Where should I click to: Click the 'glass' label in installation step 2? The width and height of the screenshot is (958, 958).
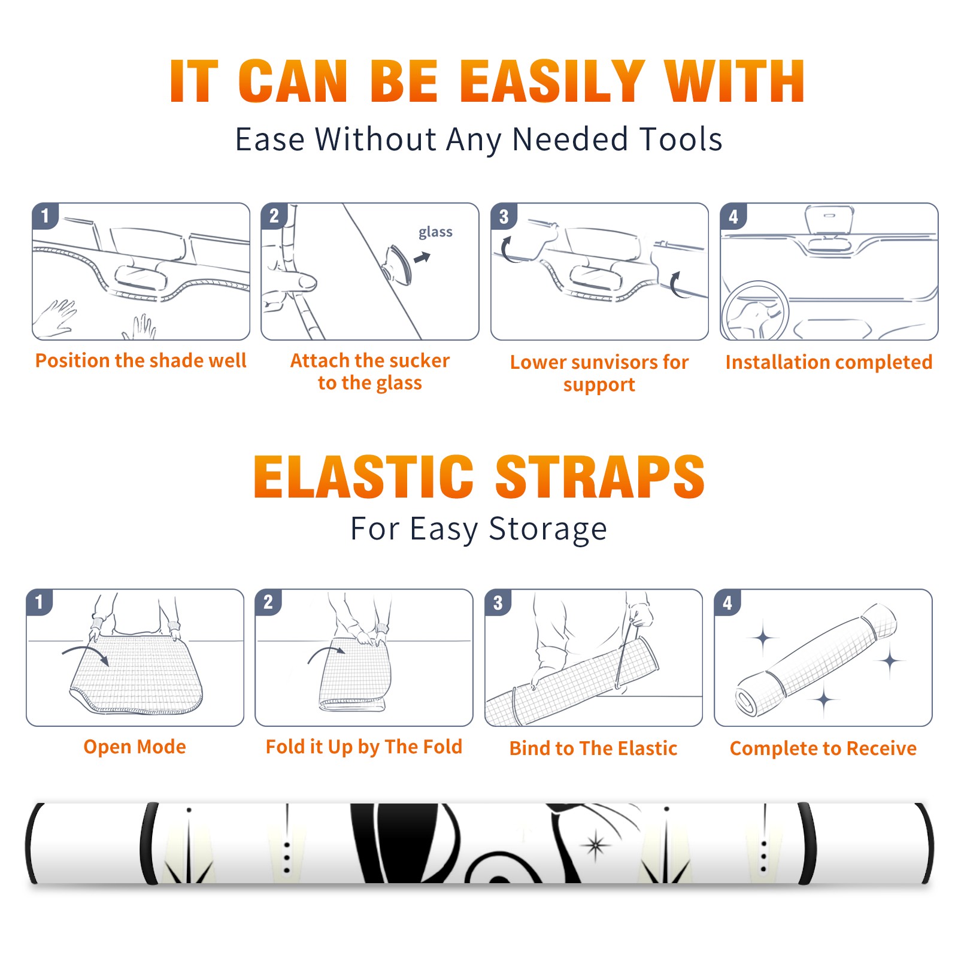[x=435, y=232]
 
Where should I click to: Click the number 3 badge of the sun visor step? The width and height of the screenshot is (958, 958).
[x=504, y=216]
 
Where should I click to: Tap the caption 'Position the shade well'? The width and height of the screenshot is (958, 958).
[x=141, y=360]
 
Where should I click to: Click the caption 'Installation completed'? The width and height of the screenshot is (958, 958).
[x=829, y=362]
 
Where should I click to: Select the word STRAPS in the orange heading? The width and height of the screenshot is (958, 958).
[x=600, y=477]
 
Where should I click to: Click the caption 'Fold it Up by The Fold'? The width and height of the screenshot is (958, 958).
[x=364, y=747]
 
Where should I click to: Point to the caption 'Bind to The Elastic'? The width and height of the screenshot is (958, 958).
[x=593, y=748]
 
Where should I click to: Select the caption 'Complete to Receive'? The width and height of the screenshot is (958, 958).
[x=823, y=748]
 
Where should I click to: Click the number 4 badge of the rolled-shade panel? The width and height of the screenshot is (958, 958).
[x=727, y=602]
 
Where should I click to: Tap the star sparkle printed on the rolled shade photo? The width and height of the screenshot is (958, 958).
[x=595, y=845]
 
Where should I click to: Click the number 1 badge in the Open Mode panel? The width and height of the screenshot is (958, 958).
[x=40, y=602]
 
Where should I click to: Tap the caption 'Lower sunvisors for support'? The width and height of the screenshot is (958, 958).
[x=599, y=373]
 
